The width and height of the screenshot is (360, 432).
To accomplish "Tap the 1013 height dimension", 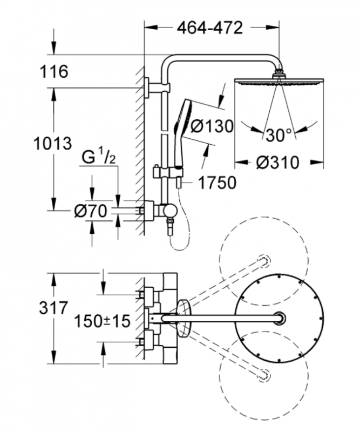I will tap(52, 144).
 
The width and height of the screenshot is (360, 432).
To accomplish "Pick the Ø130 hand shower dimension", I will tap(213, 126).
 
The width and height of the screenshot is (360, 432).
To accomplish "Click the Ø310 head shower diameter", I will tap(278, 162).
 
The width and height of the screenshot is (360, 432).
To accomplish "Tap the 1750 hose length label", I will tap(216, 183).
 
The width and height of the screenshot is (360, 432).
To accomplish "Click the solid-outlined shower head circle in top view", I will tap(280, 319).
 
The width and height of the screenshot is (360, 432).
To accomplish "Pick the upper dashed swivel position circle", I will tap(264, 260).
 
